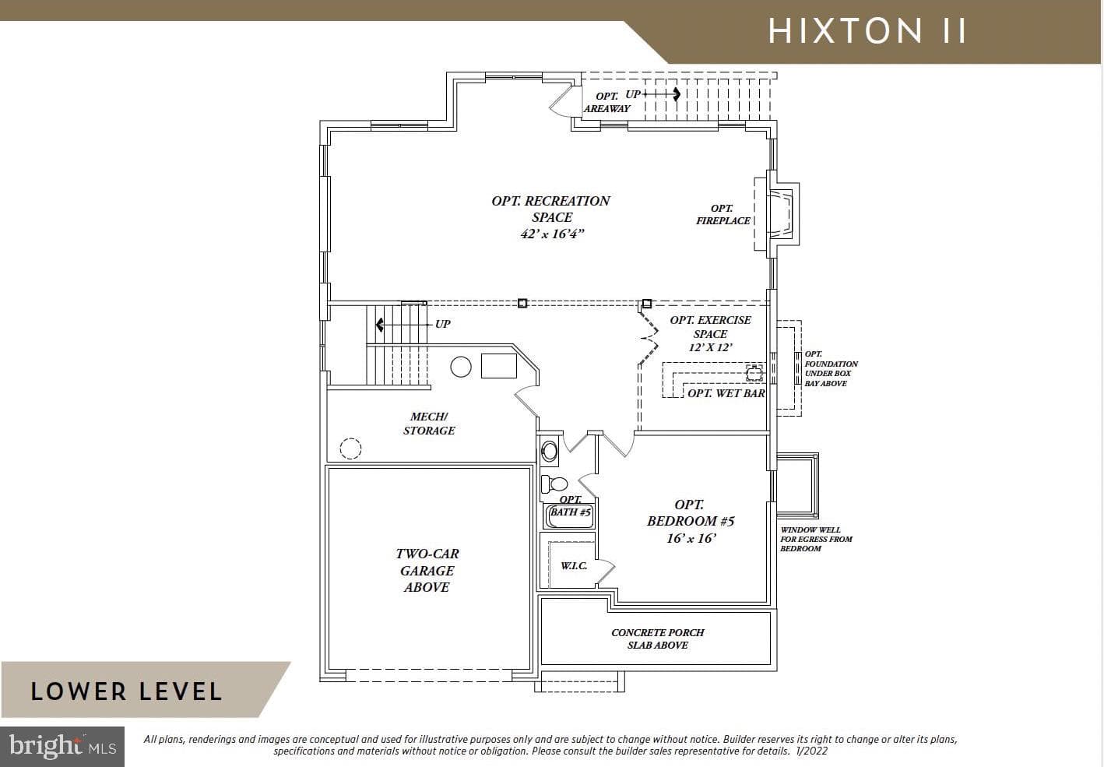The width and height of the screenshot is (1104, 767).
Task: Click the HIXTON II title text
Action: pyautogui.click(x=867, y=30)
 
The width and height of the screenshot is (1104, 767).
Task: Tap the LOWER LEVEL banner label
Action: pyautogui.click(x=126, y=691)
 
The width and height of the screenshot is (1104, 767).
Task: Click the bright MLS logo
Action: pyautogui.click(x=62, y=746)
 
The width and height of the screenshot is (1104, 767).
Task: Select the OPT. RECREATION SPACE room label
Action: pyautogui.click(x=551, y=209)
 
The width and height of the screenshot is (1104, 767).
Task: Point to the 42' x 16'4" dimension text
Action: pyautogui.click(x=552, y=234)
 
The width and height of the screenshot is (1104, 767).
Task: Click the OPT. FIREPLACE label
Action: pyautogui.click(x=723, y=214)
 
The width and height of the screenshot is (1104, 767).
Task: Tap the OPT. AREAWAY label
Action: pyautogui.click(x=607, y=103)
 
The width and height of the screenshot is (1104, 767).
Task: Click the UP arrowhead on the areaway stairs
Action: pyautogui.click(x=677, y=93)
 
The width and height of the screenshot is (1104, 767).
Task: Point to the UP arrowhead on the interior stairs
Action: pyautogui.click(x=379, y=325)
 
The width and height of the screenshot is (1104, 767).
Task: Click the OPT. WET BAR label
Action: pyautogui.click(x=726, y=393)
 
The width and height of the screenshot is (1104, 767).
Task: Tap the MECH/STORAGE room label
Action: pyautogui.click(x=429, y=424)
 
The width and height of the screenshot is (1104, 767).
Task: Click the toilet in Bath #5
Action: pyautogui.click(x=554, y=484)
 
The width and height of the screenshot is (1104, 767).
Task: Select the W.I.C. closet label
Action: pyautogui.click(x=574, y=566)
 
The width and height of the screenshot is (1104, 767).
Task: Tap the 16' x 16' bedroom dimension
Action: pyautogui.click(x=691, y=538)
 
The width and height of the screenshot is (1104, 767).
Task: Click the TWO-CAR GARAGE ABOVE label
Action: pyautogui.click(x=427, y=570)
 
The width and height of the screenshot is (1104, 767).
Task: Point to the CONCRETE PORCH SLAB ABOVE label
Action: pyautogui.click(x=657, y=639)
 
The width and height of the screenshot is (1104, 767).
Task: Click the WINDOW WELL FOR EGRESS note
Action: pyautogui.click(x=816, y=540)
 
